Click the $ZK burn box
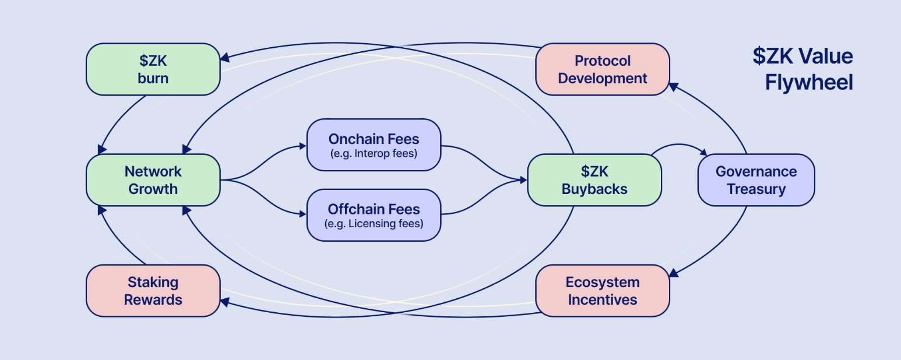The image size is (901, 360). tap(153, 69)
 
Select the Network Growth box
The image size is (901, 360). tap(153, 180)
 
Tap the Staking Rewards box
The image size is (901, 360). tap(153, 291)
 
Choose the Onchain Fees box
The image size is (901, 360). tap(374, 145)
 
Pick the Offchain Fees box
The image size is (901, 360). tap(374, 215)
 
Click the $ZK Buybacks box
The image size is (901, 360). tap(594, 180)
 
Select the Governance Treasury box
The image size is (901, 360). tap(756, 180)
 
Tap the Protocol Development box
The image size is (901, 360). tap(602, 69)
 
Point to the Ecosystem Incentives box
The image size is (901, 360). tap(602, 291)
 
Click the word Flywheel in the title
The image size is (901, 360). tap(808, 83)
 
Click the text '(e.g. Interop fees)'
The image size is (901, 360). tap(374, 154)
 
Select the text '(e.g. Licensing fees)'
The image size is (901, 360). tap(374, 224)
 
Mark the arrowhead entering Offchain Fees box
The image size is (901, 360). tap(303, 214)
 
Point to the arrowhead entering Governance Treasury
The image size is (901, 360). tap(703, 153)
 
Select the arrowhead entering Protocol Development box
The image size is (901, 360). tap(673, 86)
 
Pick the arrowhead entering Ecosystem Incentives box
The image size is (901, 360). tap(673, 273)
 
